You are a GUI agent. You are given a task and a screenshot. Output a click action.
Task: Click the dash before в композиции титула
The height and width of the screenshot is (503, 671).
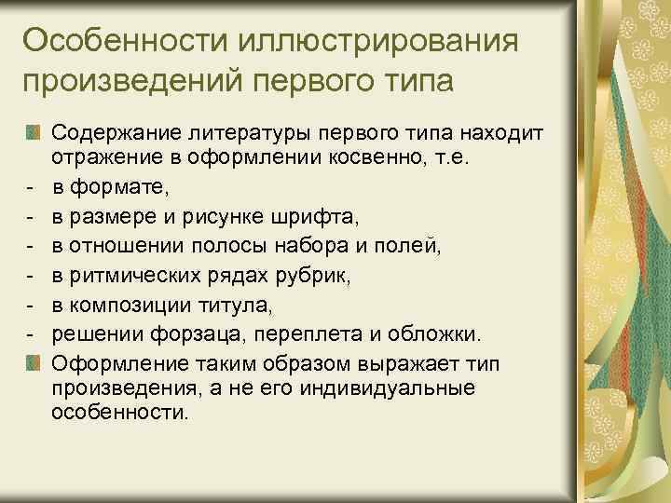pyautogui.click(x=31, y=305)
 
